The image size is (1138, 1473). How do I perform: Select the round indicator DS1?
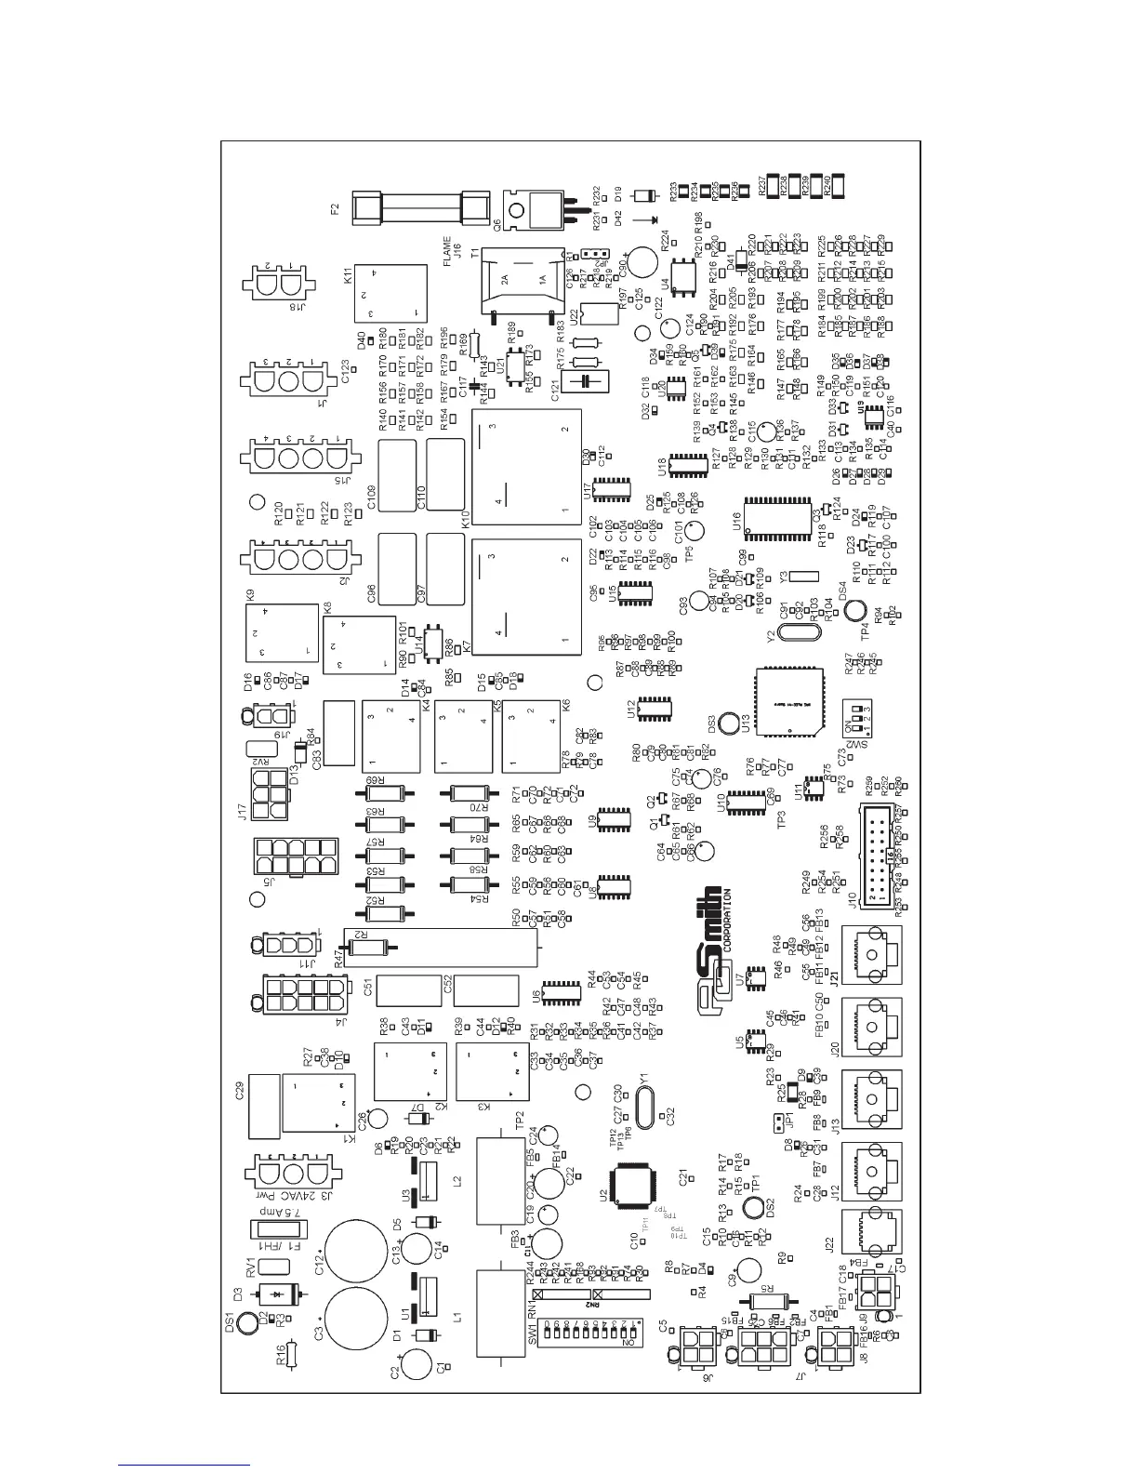tap(247, 1322)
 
